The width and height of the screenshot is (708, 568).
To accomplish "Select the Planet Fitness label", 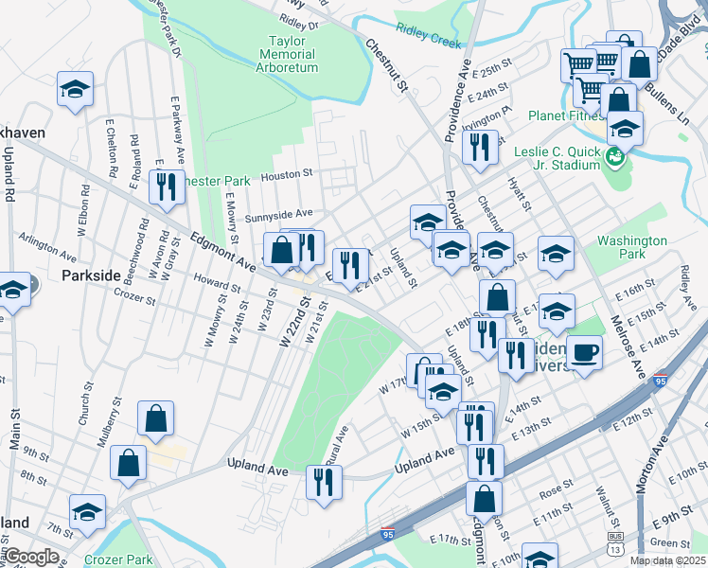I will [x=567, y=116].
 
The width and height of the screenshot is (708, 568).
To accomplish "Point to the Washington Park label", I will [x=631, y=248].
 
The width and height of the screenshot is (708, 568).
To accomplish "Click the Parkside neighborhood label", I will [x=91, y=275].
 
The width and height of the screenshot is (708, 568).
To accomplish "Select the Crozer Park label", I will [x=117, y=559].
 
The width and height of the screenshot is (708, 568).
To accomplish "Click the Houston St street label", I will [x=288, y=174].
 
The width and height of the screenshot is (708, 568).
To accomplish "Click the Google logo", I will [x=32, y=557].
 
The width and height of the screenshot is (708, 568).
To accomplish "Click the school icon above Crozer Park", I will [x=87, y=512].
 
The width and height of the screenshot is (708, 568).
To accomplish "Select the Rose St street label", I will [x=550, y=493].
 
